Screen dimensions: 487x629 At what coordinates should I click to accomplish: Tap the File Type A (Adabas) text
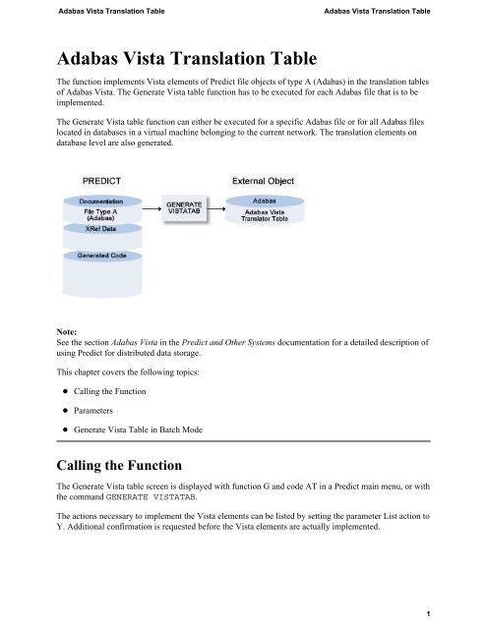coord(104,212)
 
